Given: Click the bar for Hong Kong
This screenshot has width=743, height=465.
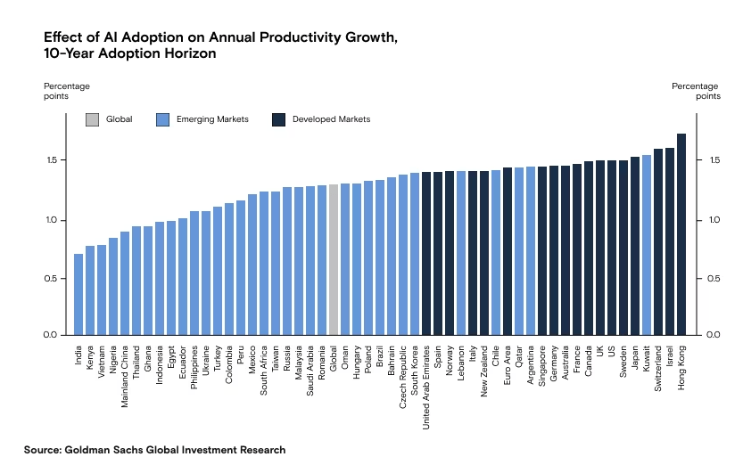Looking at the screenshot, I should click(681, 234).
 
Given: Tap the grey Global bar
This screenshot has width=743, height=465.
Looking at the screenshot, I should click(334, 259).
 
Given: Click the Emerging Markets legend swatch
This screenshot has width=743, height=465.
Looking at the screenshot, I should click(162, 119).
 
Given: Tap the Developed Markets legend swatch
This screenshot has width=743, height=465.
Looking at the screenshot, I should click(278, 119).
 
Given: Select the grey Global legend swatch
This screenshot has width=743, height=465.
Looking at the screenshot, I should click(92, 119).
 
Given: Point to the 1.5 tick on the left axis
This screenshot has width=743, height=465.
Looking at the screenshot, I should click(52, 160).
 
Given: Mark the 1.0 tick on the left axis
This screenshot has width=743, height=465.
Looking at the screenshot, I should click(52, 220).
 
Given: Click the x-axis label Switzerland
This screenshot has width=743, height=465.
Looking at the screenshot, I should click(658, 367).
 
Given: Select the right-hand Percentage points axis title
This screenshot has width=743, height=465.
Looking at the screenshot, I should click(695, 91).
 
